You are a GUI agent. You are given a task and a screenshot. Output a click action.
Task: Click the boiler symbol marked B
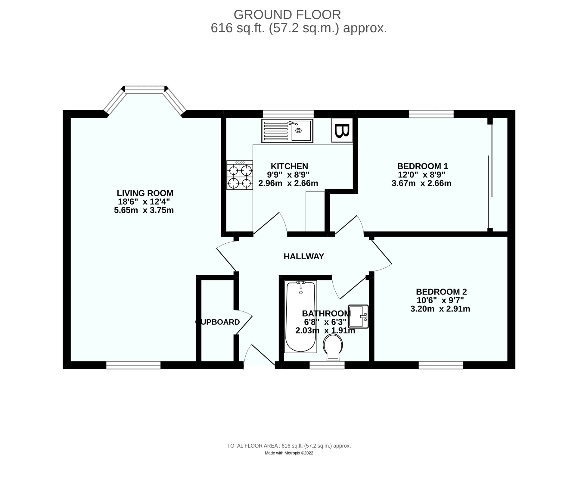pos(342,130)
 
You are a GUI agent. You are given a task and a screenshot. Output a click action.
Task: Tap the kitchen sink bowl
pos(301,130)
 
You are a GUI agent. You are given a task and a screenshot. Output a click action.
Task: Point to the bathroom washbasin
pos(358,317)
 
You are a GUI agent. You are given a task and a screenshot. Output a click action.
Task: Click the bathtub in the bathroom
pos(300,317)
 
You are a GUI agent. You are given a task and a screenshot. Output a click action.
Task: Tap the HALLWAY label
pos(304,256)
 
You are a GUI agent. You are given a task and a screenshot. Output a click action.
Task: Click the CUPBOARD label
pos(218,322)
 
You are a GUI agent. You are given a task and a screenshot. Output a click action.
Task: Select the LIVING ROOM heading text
pos(145,193)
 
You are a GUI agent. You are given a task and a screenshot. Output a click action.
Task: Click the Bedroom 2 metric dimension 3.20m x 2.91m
pos(440,309)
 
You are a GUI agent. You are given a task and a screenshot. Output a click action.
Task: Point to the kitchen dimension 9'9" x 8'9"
pos(288,174)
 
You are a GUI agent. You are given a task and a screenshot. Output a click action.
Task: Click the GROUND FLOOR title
pos(287,14)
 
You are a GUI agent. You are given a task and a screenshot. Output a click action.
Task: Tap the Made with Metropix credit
pos(289,461)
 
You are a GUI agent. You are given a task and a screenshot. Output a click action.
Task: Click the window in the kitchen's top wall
pos(288,114)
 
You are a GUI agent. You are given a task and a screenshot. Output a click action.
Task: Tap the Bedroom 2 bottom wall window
pos(441,365)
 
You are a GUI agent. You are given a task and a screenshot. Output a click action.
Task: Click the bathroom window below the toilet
pos(327,365)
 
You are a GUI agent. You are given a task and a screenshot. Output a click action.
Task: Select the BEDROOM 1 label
pos(422,166)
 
